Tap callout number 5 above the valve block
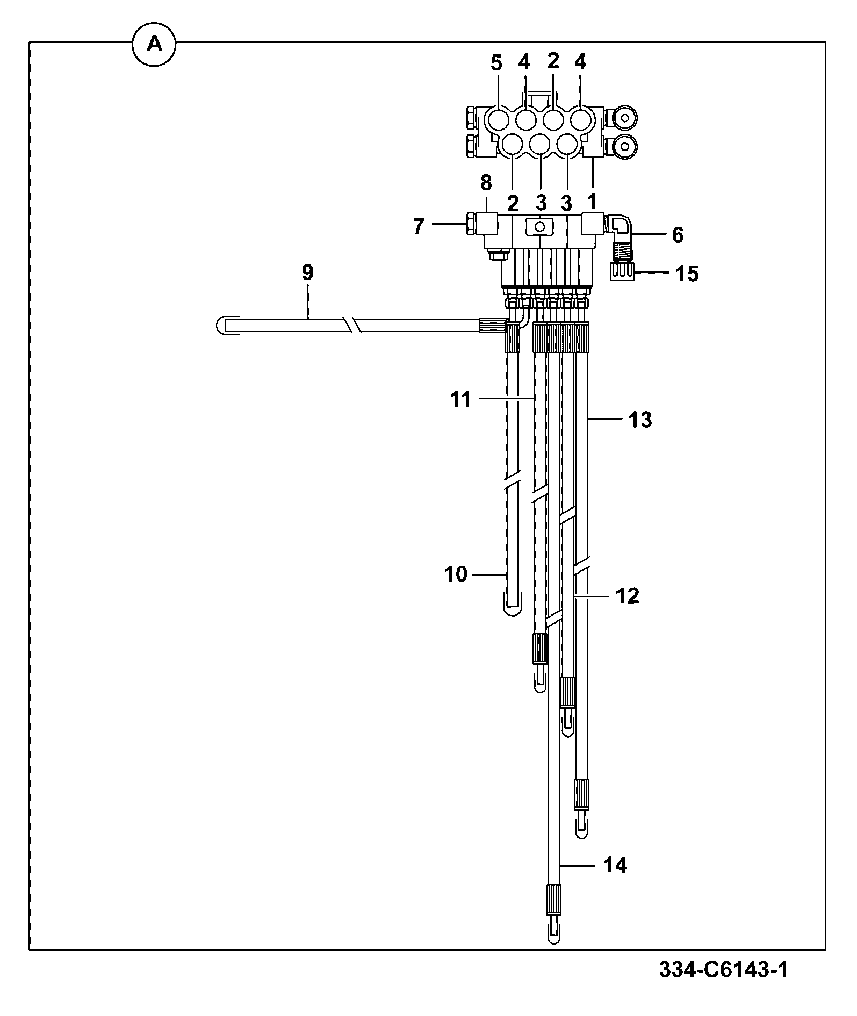coord(496,63)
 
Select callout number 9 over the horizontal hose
coord(307,273)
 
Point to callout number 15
coord(687,274)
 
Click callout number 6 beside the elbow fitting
coord(678,235)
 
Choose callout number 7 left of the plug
coord(419,226)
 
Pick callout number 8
coord(486,183)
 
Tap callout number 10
coord(456,575)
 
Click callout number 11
coord(460,399)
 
